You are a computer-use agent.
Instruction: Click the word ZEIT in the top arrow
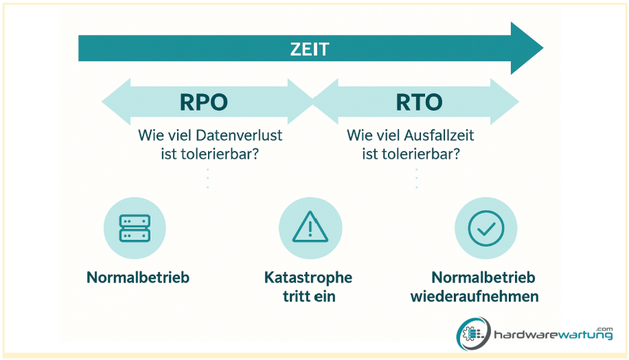[x=309, y=49]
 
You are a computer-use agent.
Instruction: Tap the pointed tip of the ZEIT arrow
[x=542, y=48]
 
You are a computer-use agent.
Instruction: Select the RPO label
[x=203, y=102]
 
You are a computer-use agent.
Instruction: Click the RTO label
[x=419, y=102]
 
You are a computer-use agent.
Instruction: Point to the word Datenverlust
[x=239, y=135]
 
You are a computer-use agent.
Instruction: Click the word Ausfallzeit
[x=439, y=135]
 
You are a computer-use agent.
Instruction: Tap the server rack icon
[x=135, y=228]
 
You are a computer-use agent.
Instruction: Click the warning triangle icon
[x=310, y=227]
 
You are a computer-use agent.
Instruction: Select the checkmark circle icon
[x=485, y=228]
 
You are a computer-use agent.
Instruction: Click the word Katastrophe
[x=308, y=278]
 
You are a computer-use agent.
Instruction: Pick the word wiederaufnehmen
[x=474, y=297]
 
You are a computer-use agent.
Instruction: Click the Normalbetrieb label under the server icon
[x=138, y=278]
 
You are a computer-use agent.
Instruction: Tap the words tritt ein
[x=309, y=297]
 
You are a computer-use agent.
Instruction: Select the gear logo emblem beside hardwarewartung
[x=473, y=333]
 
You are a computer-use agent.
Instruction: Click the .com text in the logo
[x=604, y=328]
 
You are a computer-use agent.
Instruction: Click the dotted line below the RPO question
[x=208, y=178]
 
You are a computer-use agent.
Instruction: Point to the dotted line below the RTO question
[x=416, y=178]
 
